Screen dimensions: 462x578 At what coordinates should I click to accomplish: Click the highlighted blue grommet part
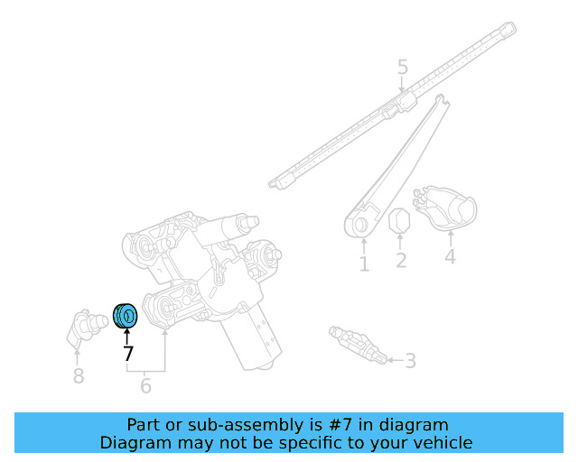tap(125, 316)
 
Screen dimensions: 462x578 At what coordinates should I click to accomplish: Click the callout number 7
tap(127, 354)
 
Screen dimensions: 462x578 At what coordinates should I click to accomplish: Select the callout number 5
tap(403, 67)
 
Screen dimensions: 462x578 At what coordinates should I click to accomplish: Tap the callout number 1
tap(364, 263)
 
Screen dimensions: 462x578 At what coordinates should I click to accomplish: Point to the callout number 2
tap(400, 261)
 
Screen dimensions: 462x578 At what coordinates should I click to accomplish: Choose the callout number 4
tap(450, 256)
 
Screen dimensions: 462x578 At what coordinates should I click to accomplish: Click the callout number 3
tap(410, 361)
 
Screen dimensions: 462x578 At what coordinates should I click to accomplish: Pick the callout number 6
tap(145, 386)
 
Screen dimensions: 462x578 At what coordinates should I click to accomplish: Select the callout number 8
tap(79, 375)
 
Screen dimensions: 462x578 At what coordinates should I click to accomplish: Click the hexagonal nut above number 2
tap(399, 221)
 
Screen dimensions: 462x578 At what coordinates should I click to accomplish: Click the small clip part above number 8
tap(83, 326)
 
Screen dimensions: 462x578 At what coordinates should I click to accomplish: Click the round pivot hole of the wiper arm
tap(359, 224)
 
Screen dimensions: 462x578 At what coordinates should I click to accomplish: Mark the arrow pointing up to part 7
tap(127, 336)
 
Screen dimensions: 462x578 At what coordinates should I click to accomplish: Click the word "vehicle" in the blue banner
tap(441, 442)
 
